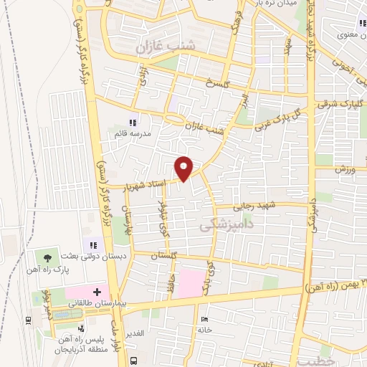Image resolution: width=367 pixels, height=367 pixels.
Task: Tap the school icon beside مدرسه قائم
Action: click(x=132, y=122)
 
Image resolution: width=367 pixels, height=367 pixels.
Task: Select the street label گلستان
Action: click(x=164, y=254)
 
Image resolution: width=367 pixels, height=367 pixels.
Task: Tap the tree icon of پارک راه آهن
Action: click(x=48, y=256)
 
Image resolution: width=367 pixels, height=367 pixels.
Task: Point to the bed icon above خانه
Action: click(x=205, y=318)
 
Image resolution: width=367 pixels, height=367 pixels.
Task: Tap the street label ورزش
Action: click(x=345, y=168)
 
